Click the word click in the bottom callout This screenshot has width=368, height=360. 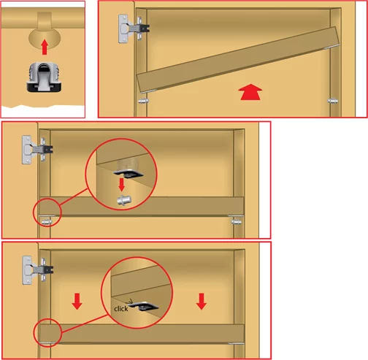pyautogui.click(x=121, y=309)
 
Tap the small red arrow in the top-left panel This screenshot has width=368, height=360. pyautogui.click(x=45, y=47)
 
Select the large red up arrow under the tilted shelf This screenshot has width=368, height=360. pyautogui.click(x=250, y=92)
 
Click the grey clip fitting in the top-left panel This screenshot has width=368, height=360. pyautogui.click(x=44, y=77)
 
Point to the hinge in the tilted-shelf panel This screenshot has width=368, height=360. pyautogui.click(x=134, y=28)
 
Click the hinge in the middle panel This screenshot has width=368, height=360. pyautogui.click(x=37, y=150)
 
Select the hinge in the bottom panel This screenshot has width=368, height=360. pyautogui.click(x=37, y=270)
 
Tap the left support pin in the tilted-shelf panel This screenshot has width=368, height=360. pyautogui.click(x=143, y=101)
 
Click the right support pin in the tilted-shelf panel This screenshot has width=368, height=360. pyautogui.click(x=333, y=101)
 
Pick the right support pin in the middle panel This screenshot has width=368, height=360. pyautogui.click(x=237, y=222)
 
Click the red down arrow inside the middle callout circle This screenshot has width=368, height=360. pyautogui.click(x=121, y=185)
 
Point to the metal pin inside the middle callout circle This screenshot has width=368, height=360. pyautogui.click(x=124, y=200)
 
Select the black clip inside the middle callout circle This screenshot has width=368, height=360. pyautogui.click(x=129, y=174)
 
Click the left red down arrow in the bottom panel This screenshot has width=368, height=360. pyautogui.click(x=77, y=302)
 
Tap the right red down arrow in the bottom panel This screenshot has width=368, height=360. pyautogui.click(x=202, y=302)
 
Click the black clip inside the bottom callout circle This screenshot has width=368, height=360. pyautogui.click(x=144, y=306)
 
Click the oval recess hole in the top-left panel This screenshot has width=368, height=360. pyautogui.click(x=45, y=39)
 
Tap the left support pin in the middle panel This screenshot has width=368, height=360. pyautogui.click(x=47, y=222)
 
